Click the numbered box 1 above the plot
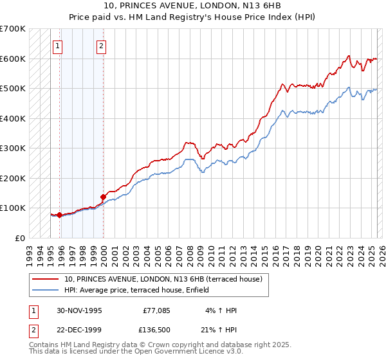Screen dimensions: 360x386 [59, 46]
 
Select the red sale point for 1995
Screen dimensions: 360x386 [59, 215]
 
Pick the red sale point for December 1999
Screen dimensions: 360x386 [103, 197]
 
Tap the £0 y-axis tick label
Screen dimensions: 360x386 [21, 238]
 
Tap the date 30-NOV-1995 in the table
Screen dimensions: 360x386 [79, 310]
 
